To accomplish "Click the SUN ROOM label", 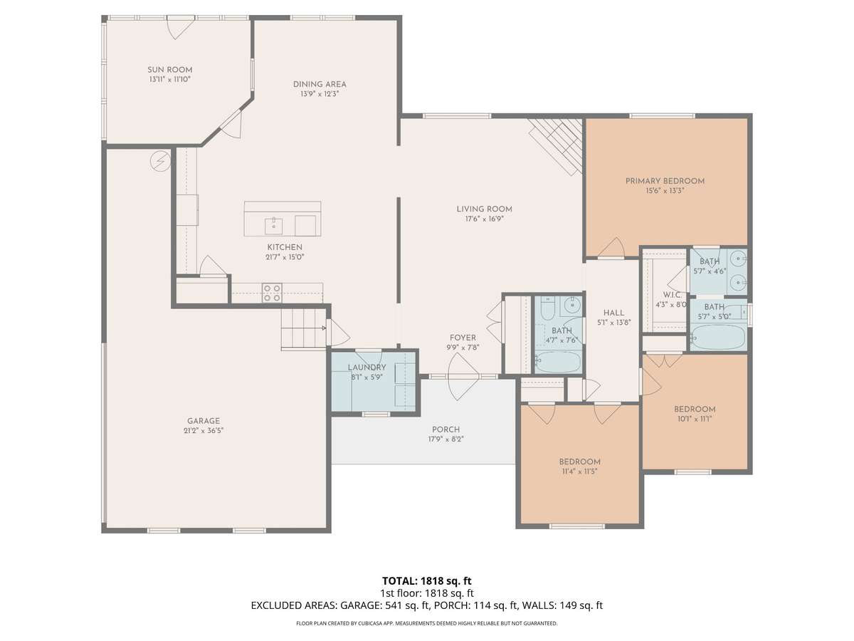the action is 169,70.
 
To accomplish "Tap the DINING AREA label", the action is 320,84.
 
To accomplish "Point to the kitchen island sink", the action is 273,226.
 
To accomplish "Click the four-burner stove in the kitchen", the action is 272,293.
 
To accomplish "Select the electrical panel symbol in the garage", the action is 160,160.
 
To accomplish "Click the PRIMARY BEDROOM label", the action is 665,181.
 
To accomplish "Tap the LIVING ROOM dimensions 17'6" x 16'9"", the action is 485,219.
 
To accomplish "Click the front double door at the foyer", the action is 463,377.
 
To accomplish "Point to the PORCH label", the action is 446,429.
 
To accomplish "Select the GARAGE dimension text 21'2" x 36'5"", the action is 204,430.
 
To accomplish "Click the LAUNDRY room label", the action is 367,368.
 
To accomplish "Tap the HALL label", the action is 613,313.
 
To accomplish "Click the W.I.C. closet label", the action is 672,295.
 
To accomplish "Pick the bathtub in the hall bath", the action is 559,363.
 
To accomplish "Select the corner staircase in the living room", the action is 556,146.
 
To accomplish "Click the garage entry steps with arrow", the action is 303,328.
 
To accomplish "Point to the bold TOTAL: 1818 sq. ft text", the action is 427,580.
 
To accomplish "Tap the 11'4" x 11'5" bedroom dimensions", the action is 579,471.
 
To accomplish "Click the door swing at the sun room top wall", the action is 180,28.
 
